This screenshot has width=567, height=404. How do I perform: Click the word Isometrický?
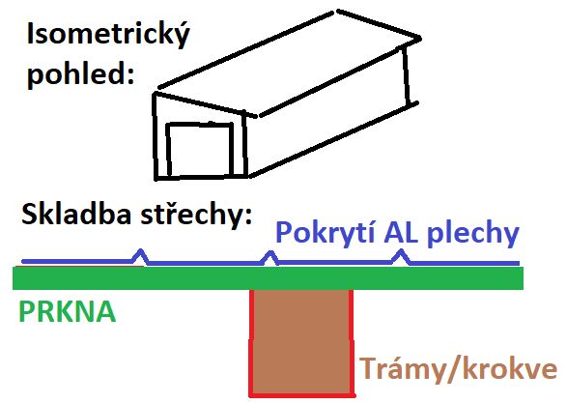pyautogui.click(x=108, y=35)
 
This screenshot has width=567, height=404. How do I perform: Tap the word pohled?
pyautogui.click(x=80, y=74)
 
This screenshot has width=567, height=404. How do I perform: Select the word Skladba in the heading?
pyautogui.click(x=76, y=214)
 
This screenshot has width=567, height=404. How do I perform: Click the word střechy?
pyautogui.click(x=196, y=215)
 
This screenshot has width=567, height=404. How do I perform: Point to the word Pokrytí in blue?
pyautogui.click(x=325, y=233)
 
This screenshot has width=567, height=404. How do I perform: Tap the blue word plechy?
pyautogui.click(x=473, y=234)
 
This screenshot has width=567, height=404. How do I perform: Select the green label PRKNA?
pyautogui.click(x=68, y=311)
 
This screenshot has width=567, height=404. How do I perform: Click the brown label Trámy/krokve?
pyautogui.click(x=458, y=369)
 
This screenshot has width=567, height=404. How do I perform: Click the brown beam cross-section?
pyautogui.click(x=301, y=342)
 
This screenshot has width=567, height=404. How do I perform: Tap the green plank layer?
pyautogui.click(x=268, y=278)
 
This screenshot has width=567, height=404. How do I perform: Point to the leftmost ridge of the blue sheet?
pyautogui.click(x=140, y=256)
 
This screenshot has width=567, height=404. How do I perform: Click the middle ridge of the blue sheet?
pyautogui.click(x=269, y=257)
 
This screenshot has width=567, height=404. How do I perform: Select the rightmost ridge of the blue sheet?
pyautogui.click(x=401, y=256)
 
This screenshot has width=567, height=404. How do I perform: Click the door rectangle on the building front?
pyautogui.click(x=200, y=150)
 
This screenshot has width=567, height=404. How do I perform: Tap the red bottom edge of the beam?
pyautogui.click(x=302, y=395)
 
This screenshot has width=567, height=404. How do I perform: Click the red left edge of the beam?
pyautogui.click(x=252, y=342)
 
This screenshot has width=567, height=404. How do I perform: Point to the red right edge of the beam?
pyautogui.click(x=352, y=342)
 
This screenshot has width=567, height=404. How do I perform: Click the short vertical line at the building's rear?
pyautogui.click(x=406, y=76)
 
